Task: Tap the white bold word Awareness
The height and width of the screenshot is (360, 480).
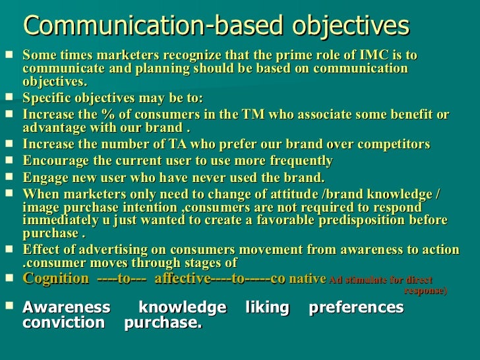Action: tap(66, 308)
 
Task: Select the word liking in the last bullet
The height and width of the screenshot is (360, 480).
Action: tap(267, 308)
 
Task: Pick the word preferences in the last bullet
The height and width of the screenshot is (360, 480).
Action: tap(356, 308)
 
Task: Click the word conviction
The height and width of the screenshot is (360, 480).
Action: tap(63, 323)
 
